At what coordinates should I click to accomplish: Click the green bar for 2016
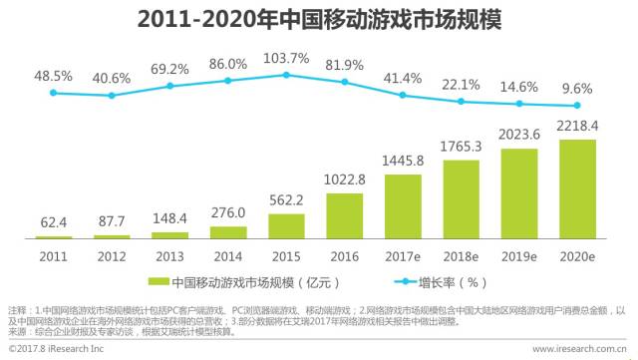click(345, 215)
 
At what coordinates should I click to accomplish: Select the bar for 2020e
click(577, 189)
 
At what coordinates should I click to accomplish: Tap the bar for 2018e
click(461, 199)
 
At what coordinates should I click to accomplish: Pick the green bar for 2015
click(286, 226)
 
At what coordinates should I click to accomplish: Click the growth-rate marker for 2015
click(286, 75)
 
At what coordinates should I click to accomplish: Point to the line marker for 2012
click(112, 96)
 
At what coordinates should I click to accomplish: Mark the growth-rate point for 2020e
click(577, 106)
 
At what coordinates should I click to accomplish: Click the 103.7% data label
click(286, 58)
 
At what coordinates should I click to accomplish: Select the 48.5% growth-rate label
click(53, 76)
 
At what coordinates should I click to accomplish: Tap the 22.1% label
click(461, 85)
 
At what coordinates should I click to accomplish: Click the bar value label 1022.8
click(345, 180)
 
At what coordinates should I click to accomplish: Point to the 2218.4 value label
click(577, 127)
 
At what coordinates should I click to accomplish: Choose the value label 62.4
click(53, 222)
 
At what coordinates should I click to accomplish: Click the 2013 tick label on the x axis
click(170, 256)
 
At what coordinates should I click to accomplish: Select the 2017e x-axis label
click(403, 256)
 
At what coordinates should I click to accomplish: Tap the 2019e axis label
click(519, 256)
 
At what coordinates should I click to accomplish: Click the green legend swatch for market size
click(159, 282)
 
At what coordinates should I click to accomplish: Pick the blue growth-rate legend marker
click(406, 282)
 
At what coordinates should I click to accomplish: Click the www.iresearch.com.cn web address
click(579, 349)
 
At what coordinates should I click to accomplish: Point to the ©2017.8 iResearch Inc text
click(56, 349)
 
